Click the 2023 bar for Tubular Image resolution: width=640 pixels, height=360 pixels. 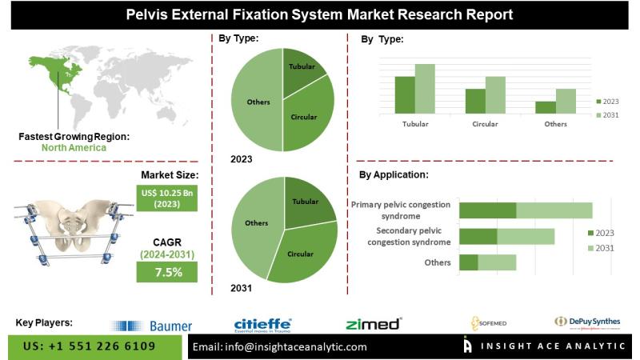click(405, 94)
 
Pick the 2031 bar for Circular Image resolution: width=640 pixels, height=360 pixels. click(495, 94)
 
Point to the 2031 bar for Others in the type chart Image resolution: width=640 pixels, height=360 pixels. click(566, 101)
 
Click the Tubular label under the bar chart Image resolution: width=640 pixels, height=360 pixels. click(415, 124)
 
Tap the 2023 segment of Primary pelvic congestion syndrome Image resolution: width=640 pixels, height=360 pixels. click(487, 210)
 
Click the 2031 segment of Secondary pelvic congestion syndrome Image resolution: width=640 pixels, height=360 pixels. click(526, 236)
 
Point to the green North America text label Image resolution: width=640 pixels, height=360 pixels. click(74, 147)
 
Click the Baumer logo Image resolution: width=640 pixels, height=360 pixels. click(152, 326)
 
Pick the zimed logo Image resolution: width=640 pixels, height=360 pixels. click(373, 324)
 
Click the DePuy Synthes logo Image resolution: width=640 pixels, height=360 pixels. click(587, 322)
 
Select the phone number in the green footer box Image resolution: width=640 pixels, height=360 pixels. click(89, 346)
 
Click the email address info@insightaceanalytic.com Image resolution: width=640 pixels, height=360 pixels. click(280, 346)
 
